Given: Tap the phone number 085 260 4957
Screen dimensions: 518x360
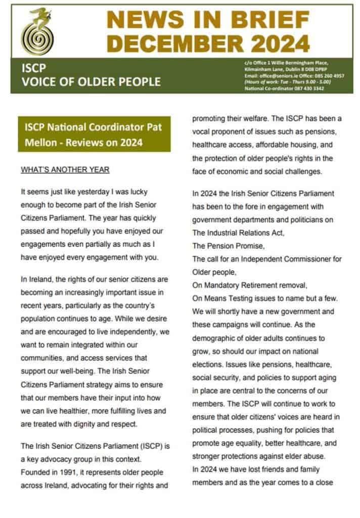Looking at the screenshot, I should click(329, 75).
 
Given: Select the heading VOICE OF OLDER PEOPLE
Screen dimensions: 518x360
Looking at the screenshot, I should click(91, 81).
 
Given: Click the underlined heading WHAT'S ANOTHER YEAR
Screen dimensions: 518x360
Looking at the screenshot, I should click(65, 170).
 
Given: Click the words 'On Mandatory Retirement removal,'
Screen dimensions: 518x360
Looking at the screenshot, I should click(245, 284).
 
